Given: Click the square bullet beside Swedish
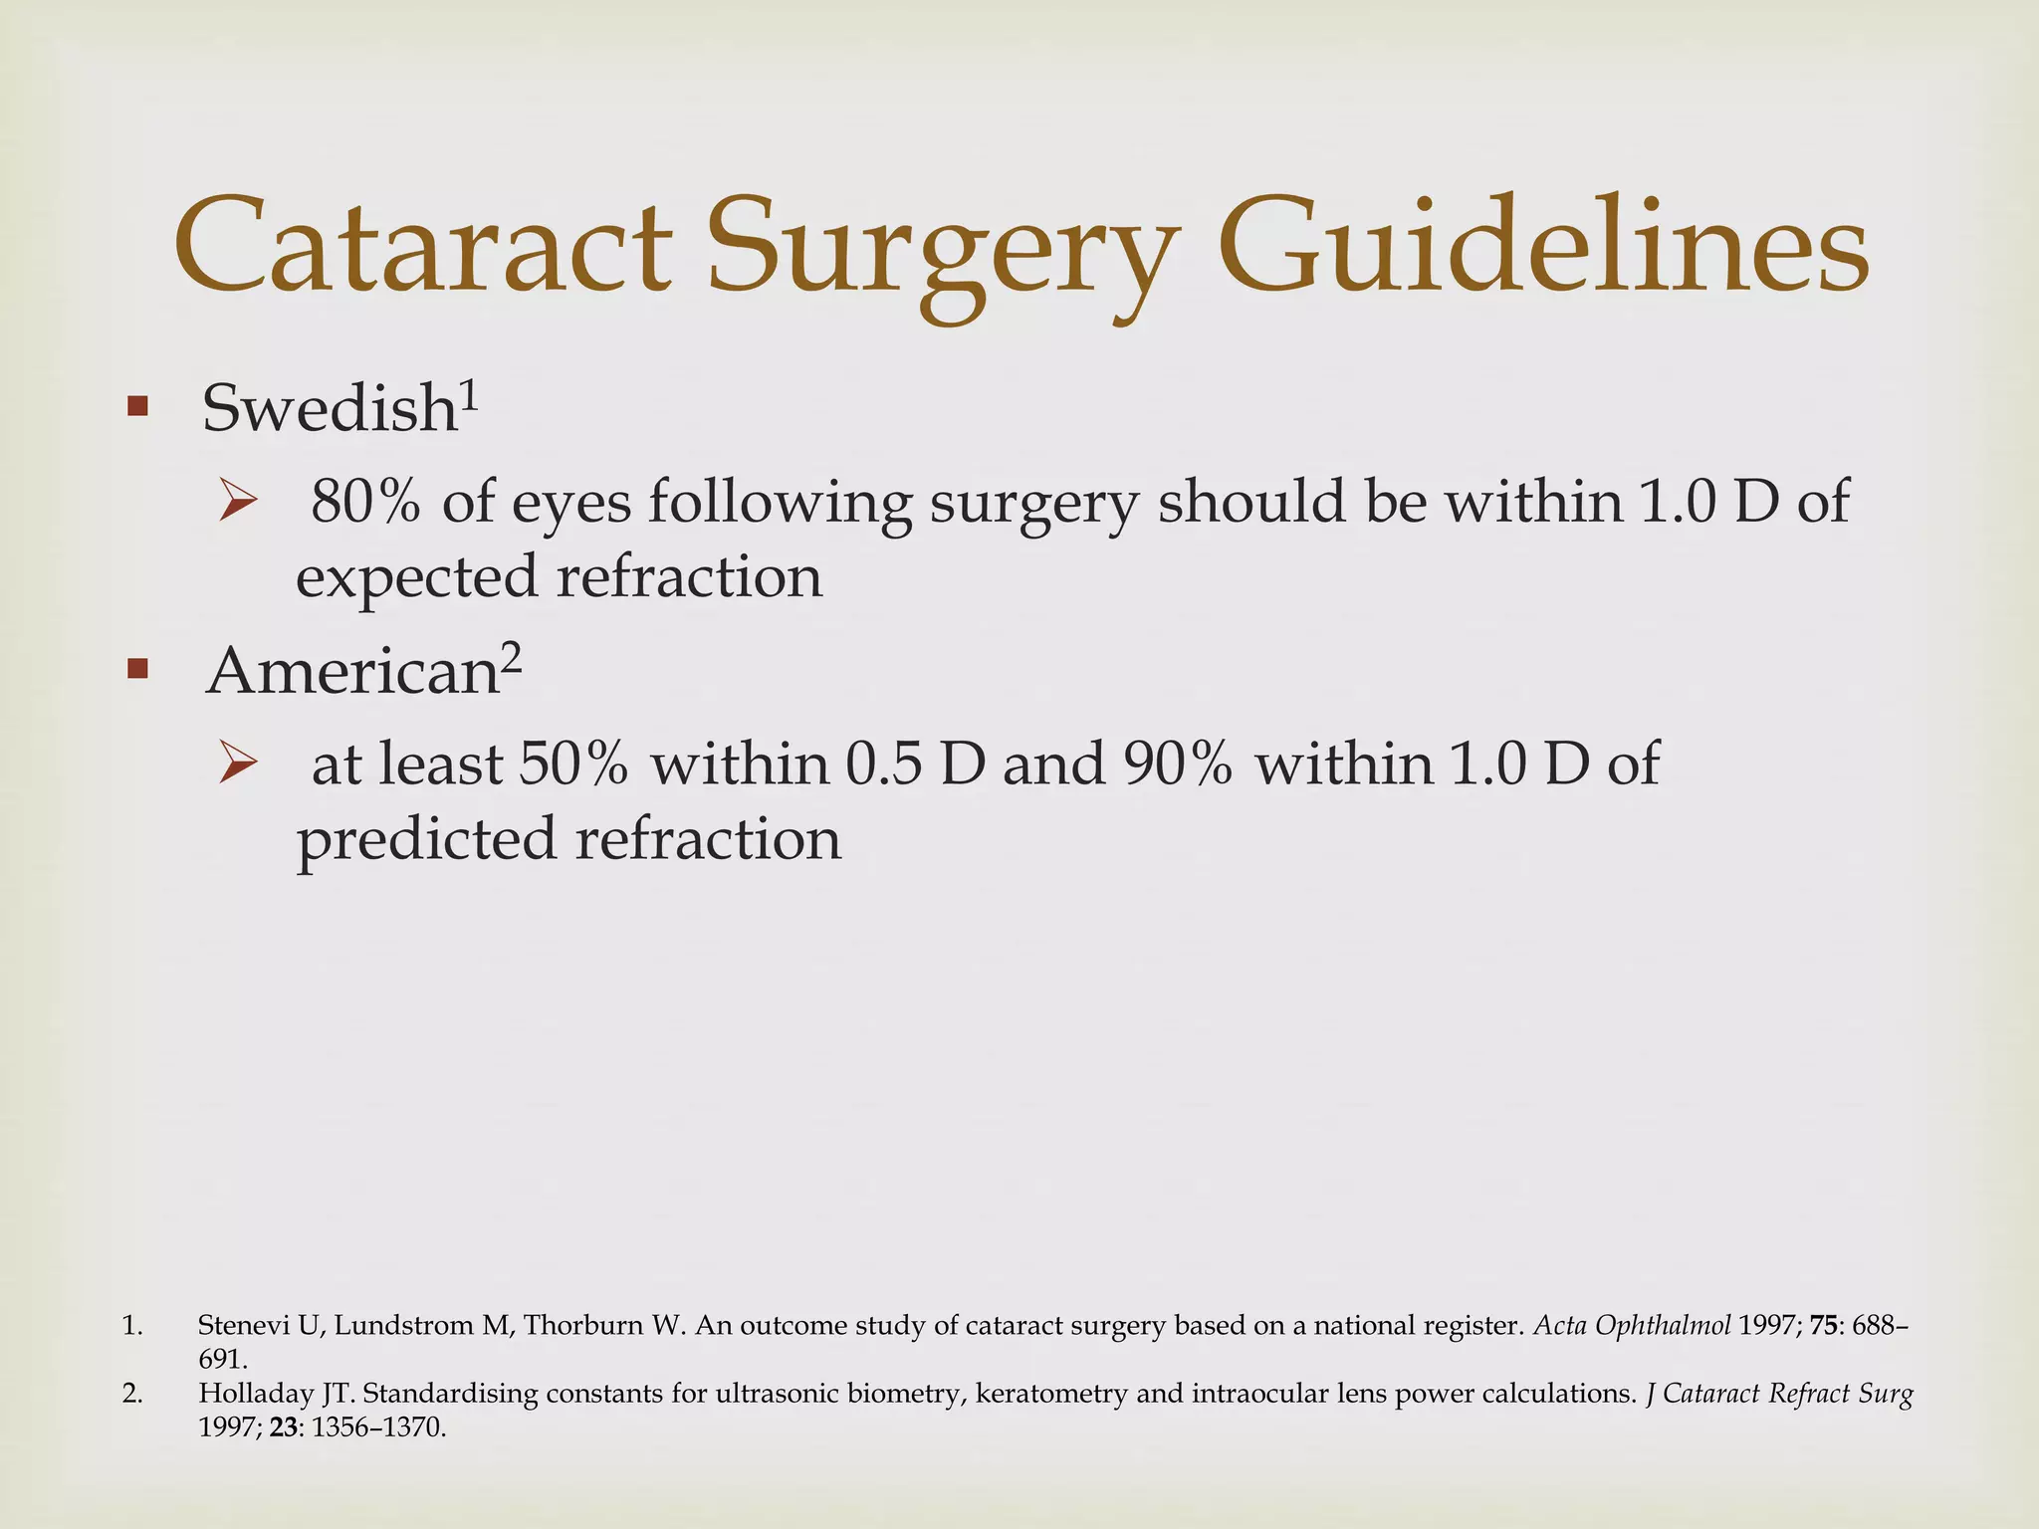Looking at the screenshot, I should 137,406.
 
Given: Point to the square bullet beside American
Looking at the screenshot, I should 137,669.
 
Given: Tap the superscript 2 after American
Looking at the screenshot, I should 510,657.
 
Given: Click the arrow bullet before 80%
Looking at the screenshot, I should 239,501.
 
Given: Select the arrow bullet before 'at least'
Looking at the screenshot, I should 239,764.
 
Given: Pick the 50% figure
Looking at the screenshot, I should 573,764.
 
